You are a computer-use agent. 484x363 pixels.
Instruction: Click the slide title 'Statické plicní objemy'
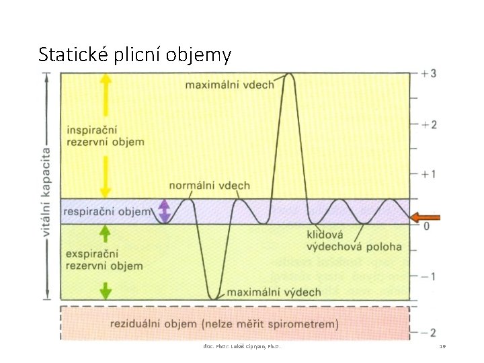click(134, 54)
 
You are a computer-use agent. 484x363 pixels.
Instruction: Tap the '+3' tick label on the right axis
click(429, 73)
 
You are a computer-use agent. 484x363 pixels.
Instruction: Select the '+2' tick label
click(429, 124)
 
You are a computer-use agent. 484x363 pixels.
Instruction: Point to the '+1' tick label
click(429, 174)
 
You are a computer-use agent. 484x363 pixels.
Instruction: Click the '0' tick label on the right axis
click(426, 226)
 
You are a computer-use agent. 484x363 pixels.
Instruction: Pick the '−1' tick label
click(429, 276)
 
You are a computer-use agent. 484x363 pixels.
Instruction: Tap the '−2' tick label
click(429, 332)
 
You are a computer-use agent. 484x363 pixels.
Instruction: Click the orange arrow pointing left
click(425, 216)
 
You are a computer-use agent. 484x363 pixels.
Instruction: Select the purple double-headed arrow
click(163, 211)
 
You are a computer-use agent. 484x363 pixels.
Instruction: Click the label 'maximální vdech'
click(229, 84)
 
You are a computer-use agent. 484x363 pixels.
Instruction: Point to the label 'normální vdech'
click(209, 186)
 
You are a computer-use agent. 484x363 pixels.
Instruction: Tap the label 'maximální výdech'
click(274, 292)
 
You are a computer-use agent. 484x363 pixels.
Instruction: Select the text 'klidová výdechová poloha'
click(354, 241)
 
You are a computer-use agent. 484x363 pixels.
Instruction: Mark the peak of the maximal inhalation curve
click(289, 73)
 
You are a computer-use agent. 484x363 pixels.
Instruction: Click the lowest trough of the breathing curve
click(213, 298)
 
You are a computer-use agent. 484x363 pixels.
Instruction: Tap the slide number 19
click(442, 346)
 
